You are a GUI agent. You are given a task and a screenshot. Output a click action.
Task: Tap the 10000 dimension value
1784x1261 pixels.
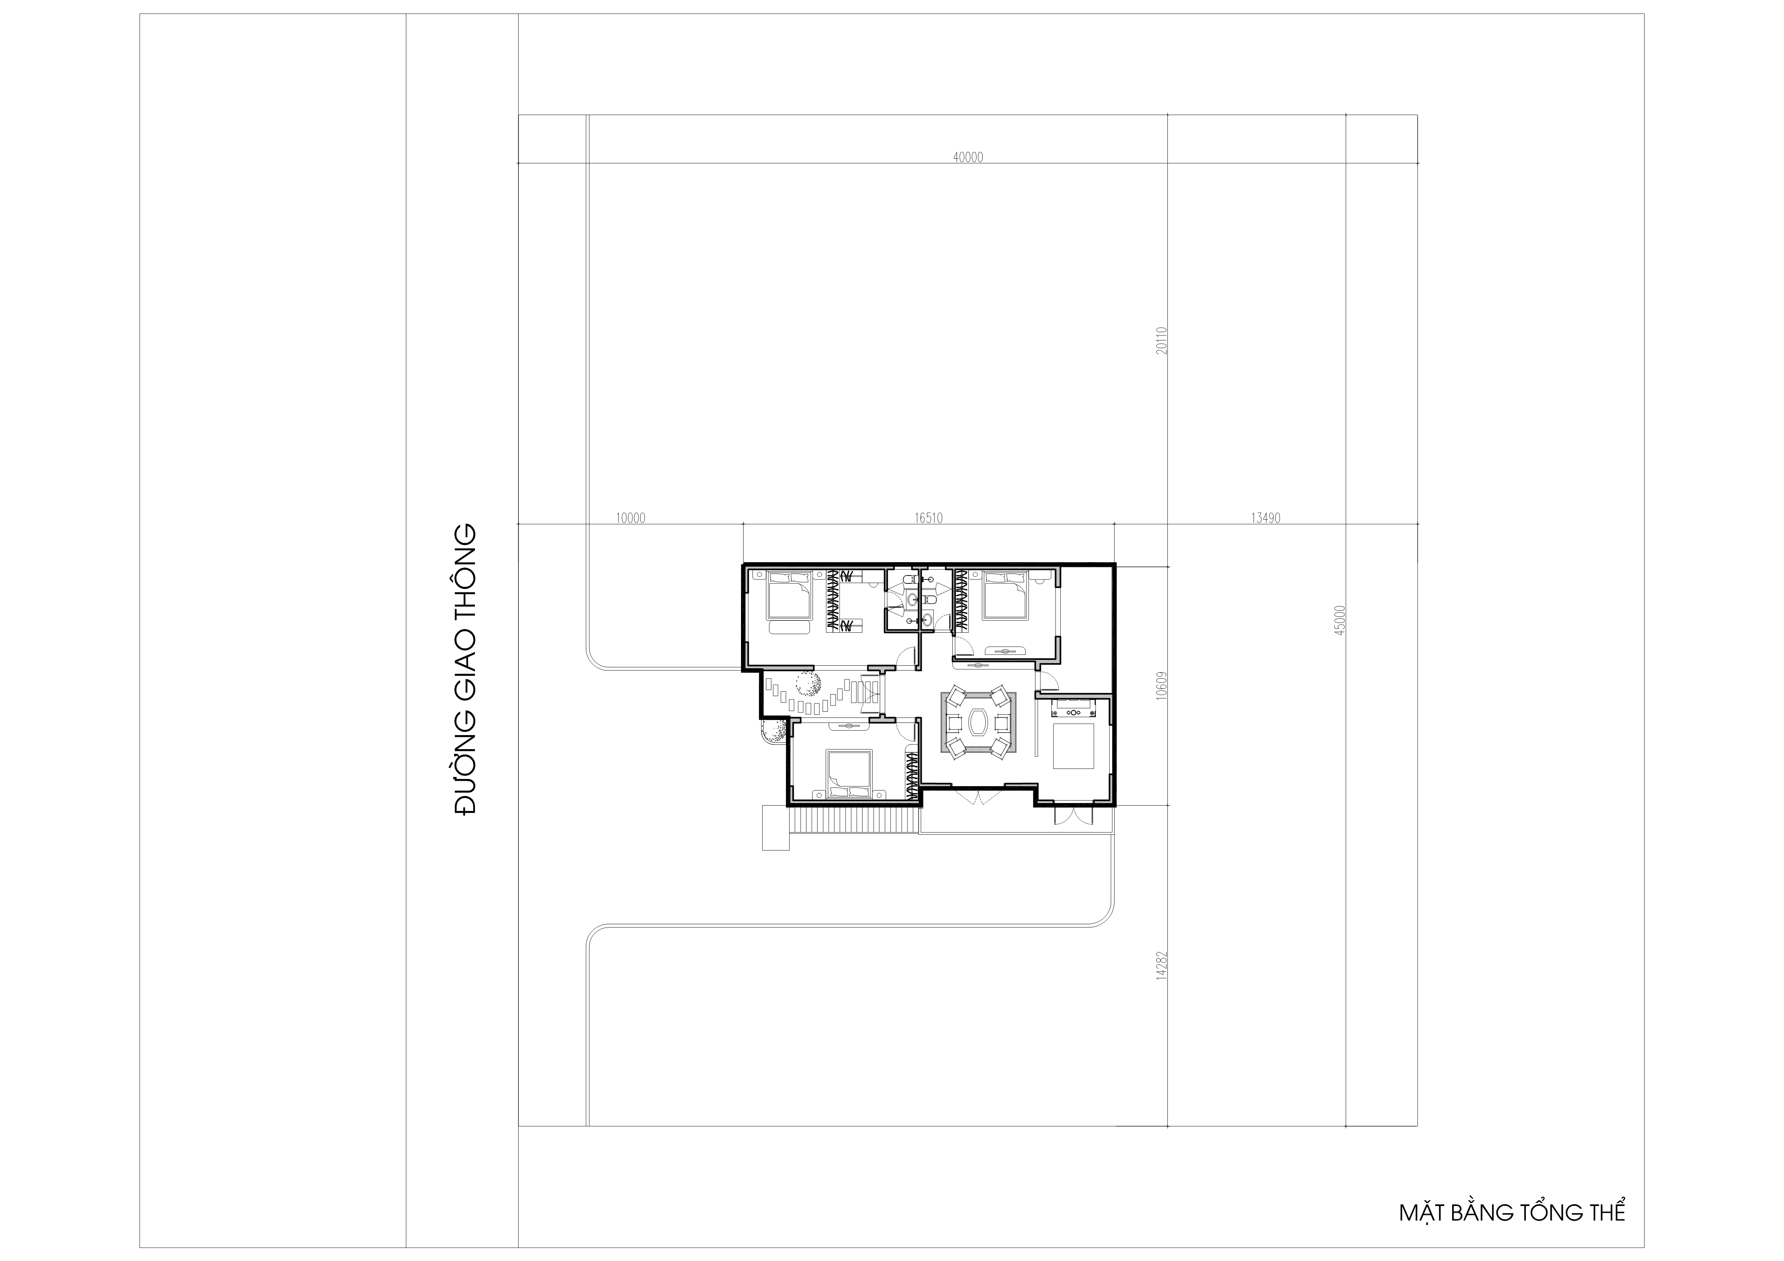pyautogui.click(x=630, y=518)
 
